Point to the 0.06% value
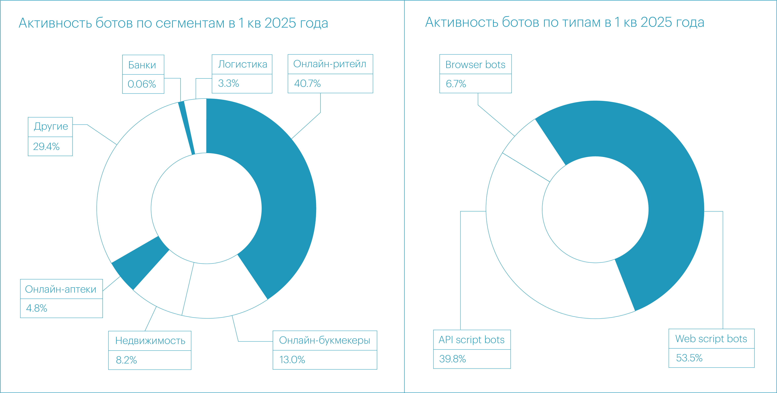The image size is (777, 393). [142, 84]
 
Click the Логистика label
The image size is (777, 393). [243, 64]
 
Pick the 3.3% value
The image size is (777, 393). [228, 83]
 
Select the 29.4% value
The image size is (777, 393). [46, 146]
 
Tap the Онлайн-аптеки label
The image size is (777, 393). [61, 289]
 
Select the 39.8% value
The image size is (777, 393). [452, 359]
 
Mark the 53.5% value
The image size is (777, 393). [689, 358]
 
